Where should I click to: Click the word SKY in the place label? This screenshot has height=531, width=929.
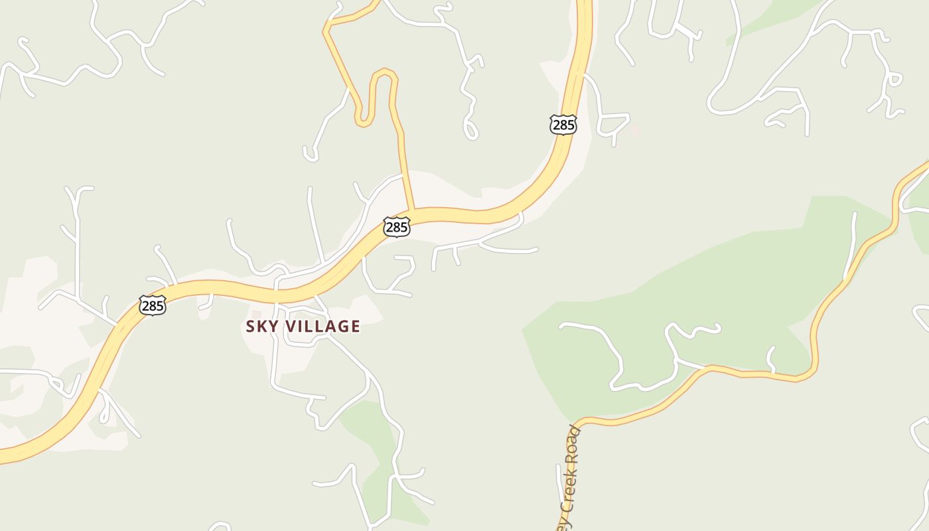pos(262,327)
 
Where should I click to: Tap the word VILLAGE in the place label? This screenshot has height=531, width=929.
pos(323,327)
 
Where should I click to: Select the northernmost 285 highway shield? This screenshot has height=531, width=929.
pos(563,124)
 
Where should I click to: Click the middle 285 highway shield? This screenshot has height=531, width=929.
pos(396,227)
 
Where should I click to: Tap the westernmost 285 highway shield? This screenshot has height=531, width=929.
pos(152,305)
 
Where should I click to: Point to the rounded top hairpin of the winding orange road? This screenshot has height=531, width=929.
pos(383,72)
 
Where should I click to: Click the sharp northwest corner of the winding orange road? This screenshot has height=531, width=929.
pos(325,30)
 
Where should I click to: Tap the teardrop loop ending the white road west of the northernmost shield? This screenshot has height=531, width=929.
pos(470,129)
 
